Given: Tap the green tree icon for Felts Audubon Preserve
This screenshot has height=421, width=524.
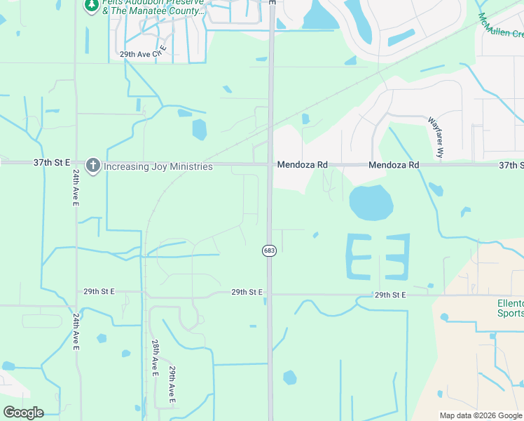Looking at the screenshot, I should pos(91,6).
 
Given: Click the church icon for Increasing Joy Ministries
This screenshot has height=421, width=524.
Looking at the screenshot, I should pos(92,166).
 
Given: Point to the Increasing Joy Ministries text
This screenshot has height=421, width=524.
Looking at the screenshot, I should pos(158,166).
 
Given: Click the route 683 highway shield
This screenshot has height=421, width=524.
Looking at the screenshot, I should pos(269,250).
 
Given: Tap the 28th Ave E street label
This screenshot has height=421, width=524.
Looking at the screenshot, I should pos(155,359).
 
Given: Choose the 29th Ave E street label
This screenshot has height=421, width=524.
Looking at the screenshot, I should pos(172,385).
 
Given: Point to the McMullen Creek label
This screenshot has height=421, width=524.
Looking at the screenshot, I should pos(501,25).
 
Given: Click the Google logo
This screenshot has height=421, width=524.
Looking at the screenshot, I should pos(23,413).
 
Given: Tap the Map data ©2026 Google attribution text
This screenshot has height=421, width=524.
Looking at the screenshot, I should pos(481,415).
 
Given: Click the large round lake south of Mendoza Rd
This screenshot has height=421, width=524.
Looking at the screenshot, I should pos(371,203).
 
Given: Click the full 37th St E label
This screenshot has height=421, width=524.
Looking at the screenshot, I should pos(52,163).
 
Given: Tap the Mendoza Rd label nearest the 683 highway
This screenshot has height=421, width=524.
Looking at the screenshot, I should pos(302,165).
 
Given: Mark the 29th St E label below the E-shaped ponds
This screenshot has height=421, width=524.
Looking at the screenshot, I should pos(390,295).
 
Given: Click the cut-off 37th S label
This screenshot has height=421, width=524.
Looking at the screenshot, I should pos(511,165).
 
